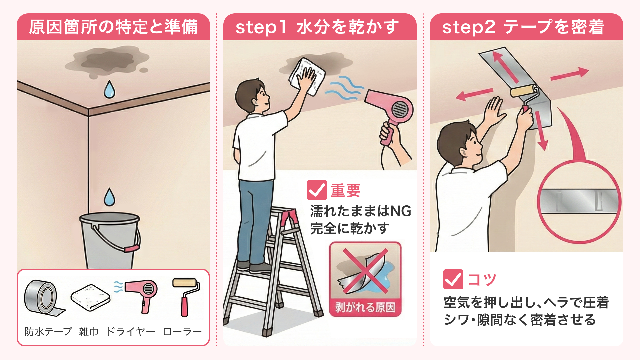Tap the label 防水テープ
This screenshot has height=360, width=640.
point(48,331)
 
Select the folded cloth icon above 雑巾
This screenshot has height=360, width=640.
point(90,297)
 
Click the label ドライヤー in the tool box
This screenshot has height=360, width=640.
point(131,331)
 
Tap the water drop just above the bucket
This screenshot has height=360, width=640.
point(109,197)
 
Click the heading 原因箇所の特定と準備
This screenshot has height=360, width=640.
point(113,27)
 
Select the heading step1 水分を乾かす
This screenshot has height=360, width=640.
point(317,27)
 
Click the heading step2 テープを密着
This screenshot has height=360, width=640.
point(523,27)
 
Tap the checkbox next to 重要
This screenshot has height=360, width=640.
point(317,190)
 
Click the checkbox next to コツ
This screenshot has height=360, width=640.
point(453,279)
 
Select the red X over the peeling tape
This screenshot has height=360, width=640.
point(365,271)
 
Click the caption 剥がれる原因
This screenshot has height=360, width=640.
point(365,307)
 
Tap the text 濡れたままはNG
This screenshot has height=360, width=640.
point(361,211)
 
